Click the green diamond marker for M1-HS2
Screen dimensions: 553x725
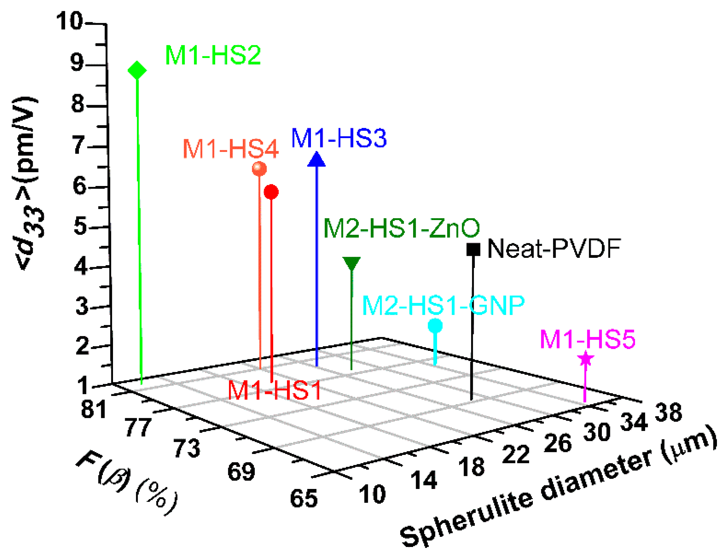coord(137,70)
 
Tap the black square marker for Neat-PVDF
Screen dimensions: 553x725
coord(473,249)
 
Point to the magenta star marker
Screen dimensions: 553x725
coord(586,359)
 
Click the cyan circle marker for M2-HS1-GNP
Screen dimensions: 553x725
coord(435,326)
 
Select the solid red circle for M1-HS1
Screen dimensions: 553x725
coord(271,192)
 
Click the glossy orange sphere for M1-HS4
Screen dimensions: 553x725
coord(259,169)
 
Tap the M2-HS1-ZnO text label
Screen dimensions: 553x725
coord(401,229)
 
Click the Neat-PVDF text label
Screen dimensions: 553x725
coord(554,249)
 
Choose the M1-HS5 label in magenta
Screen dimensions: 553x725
coord(587,339)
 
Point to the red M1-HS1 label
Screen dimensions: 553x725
coord(274,391)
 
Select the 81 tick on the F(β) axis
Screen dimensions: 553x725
coord(93,410)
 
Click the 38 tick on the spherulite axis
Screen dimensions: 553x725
coord(668,412)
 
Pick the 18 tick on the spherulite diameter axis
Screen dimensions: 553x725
coord(472,467)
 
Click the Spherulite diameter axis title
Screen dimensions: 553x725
coord(556,489)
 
